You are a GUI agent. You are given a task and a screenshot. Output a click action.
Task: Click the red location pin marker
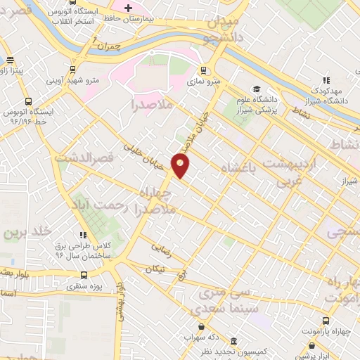(181, 165)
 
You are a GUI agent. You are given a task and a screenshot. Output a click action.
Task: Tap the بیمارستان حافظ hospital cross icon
(127, 8)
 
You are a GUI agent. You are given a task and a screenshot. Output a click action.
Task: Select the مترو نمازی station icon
(203, 70)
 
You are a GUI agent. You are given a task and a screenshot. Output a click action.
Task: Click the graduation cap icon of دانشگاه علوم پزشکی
(257, 90)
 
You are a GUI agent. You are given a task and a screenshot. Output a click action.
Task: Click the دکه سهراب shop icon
(202, 327)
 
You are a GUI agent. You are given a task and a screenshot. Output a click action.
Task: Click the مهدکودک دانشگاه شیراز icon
(327, 79)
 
